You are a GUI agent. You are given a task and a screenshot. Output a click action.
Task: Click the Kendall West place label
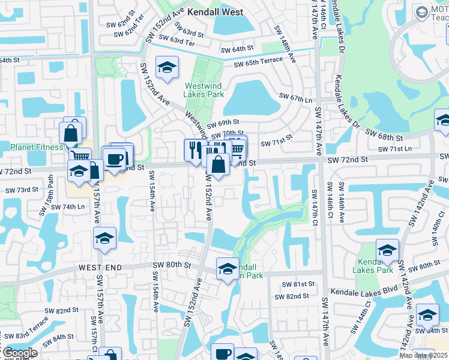(x=215, y=12)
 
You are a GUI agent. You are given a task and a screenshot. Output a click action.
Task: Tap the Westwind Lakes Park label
(x=203, y=90)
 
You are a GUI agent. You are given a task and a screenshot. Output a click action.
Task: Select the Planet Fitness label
(x=36, y=147)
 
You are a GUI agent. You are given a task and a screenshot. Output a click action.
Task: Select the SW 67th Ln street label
(x=297, y=97)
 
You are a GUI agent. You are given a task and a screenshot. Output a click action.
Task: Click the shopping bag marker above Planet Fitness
(x=71, y=133)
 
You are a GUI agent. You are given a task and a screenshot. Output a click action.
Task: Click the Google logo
(x=19, y=353)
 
